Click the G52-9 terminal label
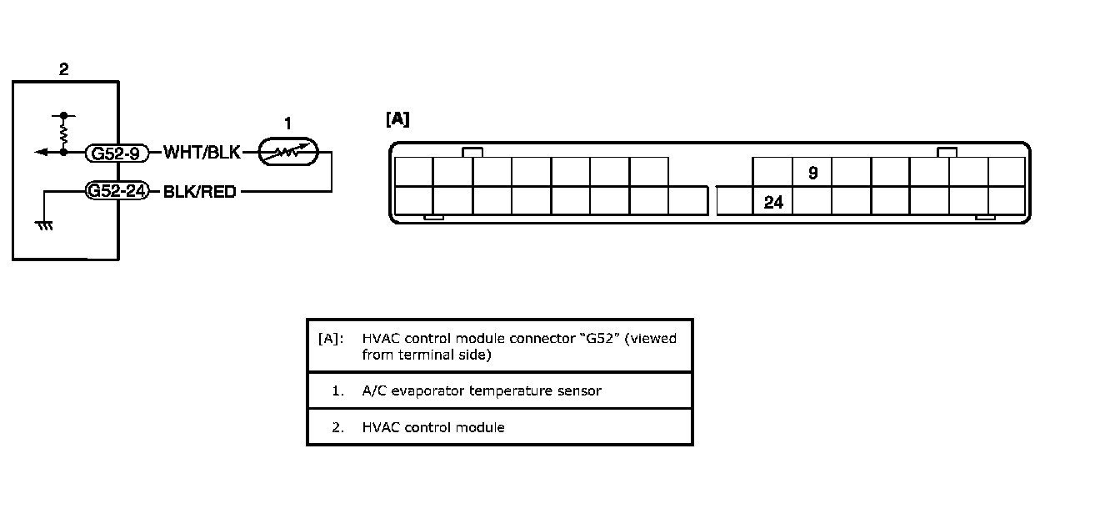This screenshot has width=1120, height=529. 117,153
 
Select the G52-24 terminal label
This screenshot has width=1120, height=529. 117,191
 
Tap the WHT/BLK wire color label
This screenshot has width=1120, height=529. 202,153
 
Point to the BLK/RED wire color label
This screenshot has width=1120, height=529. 199,192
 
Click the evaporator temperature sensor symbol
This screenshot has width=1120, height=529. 287,153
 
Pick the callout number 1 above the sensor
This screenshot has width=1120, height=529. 287,124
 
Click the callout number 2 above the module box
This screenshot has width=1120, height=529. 64,70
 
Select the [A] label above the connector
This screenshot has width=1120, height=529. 397,119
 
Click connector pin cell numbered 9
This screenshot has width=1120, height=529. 812,173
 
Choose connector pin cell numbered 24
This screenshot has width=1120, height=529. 773,202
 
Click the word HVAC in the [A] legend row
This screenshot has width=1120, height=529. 379,339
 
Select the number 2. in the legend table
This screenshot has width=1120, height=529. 337,427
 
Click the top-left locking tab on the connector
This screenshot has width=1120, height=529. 472,152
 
